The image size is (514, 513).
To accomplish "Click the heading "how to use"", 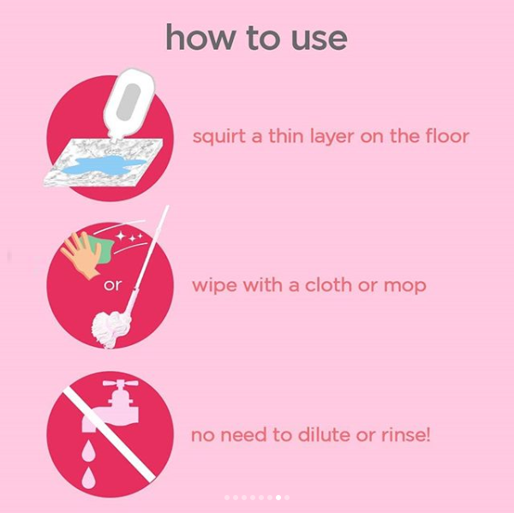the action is click(256, 38).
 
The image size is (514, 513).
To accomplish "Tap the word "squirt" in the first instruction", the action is click(218, 136).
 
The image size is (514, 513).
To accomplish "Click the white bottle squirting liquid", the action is click(128, 104).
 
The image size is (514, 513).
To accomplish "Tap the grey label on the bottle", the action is click(128, 102).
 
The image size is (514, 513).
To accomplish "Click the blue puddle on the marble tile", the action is click(104, 164).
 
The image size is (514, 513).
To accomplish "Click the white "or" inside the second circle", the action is click(112, 285).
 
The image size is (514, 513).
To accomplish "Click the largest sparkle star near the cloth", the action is click(121, 236).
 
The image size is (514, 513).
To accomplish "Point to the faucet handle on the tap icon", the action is click(120, 383).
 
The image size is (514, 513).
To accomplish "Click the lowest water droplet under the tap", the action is click(88, 478).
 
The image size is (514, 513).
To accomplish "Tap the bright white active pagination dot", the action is click(278, 498).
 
